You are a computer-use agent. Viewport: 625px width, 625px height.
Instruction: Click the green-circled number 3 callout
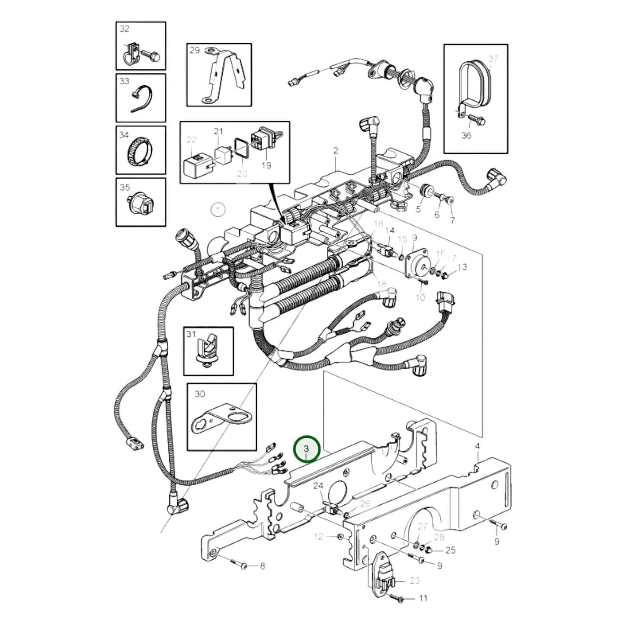click(307, 449)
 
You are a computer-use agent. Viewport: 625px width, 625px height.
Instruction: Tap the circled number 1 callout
click(218, 211)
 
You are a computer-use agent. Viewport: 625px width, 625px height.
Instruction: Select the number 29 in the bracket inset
click(195, 50)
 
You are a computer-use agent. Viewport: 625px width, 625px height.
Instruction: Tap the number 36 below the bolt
click(466, 135)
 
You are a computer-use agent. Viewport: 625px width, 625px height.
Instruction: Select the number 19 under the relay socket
click(266, 165)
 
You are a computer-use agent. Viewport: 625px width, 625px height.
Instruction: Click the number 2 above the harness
click(335, 151)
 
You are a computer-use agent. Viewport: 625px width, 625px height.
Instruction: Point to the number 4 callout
click(478, 446)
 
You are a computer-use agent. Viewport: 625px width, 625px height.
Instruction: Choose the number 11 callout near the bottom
click(423, 598)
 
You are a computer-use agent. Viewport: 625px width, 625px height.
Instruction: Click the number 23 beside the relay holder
click(414, 580)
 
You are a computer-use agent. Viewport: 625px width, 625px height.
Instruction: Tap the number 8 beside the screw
click(263, 566)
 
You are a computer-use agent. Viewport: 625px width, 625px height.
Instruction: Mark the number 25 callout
click(450, 550)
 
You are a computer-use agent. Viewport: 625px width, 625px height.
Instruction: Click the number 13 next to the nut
click(462, 267)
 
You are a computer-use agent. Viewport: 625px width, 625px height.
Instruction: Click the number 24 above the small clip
click(318, 486)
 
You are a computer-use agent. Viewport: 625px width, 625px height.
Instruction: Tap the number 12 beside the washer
click(318, 537)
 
